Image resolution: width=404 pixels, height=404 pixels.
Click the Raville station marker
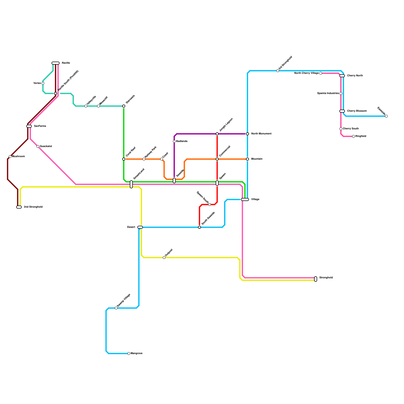[x=56, y=63]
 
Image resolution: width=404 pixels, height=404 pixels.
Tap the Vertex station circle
[x=43, y=83]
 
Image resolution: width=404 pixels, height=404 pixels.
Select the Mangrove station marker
[x=129, y=353]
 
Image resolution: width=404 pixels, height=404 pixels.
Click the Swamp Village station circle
[x=116, y=308]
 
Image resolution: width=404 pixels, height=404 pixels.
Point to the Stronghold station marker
[x=316, y=279]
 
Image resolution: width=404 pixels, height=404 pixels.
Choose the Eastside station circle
[x=386, y=116]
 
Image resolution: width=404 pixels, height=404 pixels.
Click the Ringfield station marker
[x=353, y=136]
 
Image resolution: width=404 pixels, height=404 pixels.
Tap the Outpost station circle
[x=164, y=258]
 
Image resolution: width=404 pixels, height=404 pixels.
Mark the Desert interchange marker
[x=140, y=227]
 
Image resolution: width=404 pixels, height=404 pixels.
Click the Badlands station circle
[x=174, y=141]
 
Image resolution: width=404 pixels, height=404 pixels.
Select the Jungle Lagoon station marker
[x=217, y=134]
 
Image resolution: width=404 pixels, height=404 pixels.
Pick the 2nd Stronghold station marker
[x=19, y=207]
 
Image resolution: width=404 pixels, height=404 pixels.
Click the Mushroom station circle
[x=10, y=157]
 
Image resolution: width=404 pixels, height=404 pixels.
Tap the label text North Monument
[x=261, y=134]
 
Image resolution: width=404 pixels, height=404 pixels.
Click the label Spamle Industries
[x=328, y=93]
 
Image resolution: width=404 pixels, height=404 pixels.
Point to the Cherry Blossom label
[x=357, y=111]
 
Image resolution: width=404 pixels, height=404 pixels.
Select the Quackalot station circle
[x=38, y=146]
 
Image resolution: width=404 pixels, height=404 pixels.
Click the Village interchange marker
[x=245, y=199]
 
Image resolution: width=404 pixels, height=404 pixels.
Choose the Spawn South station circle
[x=210, y=205]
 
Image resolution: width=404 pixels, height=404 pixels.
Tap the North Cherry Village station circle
[x=321, y=73]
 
